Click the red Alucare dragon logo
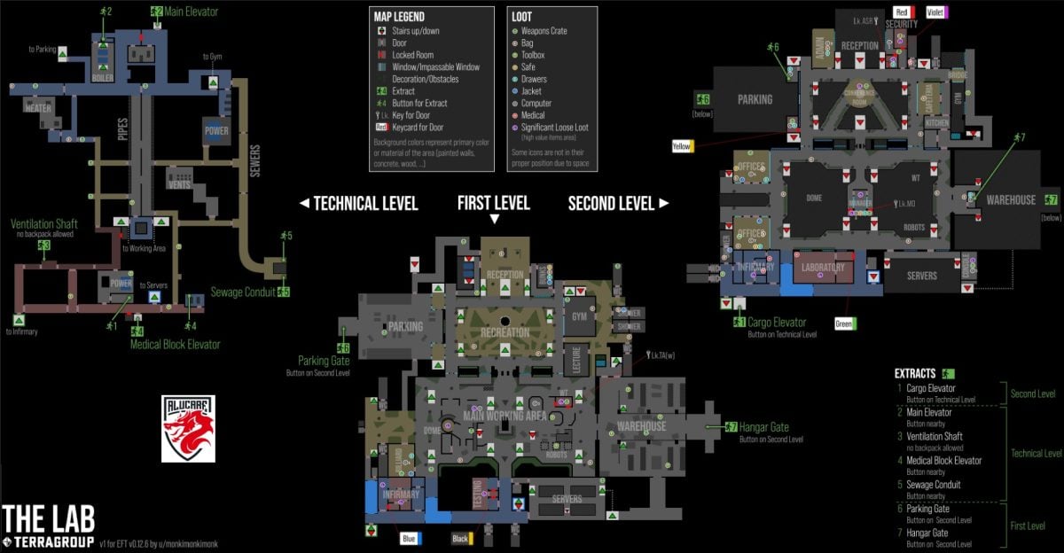(x=187, y=429)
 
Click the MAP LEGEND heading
(x=398, y=17)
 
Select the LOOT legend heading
(x=522, y=17)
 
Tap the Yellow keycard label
(x=682, y=145)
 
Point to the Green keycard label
(x=844, y=324)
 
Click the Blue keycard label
(x=409, y=538)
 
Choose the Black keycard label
(x=460, y=538)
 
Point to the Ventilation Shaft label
(x=42, y=224)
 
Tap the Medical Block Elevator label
(x=175, y=345)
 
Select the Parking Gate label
(x=325, y=361)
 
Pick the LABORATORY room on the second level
(x=822, y=267)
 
